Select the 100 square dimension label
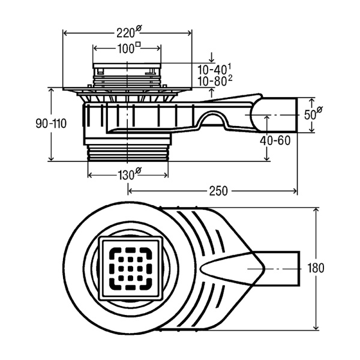(x=127, y=49)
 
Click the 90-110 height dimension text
(x=50, y=124)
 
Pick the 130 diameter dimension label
(x=127, y=175)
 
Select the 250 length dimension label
(x=218, y=191)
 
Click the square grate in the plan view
(x=128, y=268)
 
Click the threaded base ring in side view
(x=128, y=151)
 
